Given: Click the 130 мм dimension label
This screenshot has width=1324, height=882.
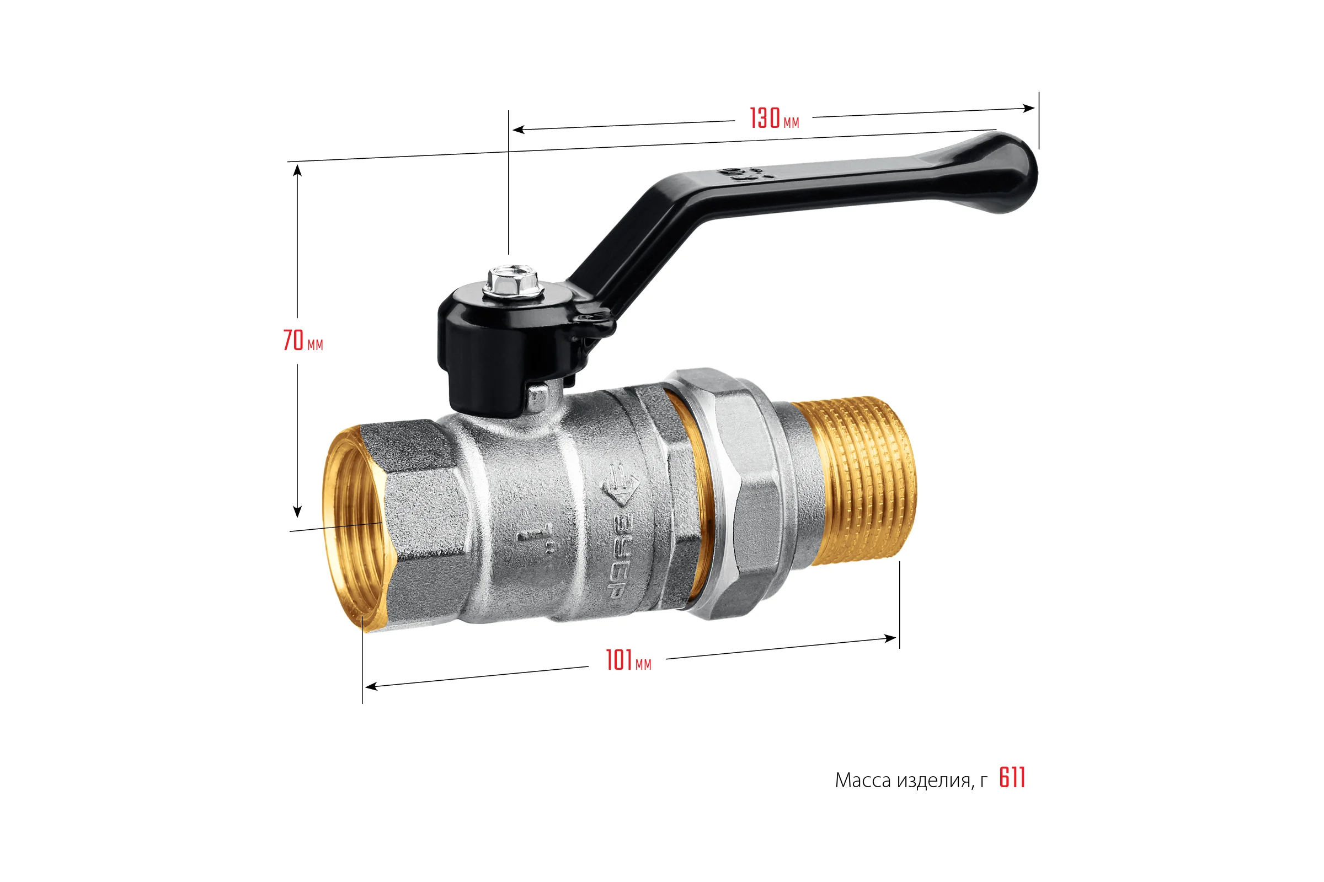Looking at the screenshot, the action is point(774,118).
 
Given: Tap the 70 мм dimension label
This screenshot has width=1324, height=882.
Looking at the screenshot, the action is point(303,340).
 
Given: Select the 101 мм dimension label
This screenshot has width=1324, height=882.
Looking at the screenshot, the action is point(628,660).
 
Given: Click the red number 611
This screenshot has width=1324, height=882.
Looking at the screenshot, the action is point(1012,778).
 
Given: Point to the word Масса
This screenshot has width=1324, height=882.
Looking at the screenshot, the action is point(863,780).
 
